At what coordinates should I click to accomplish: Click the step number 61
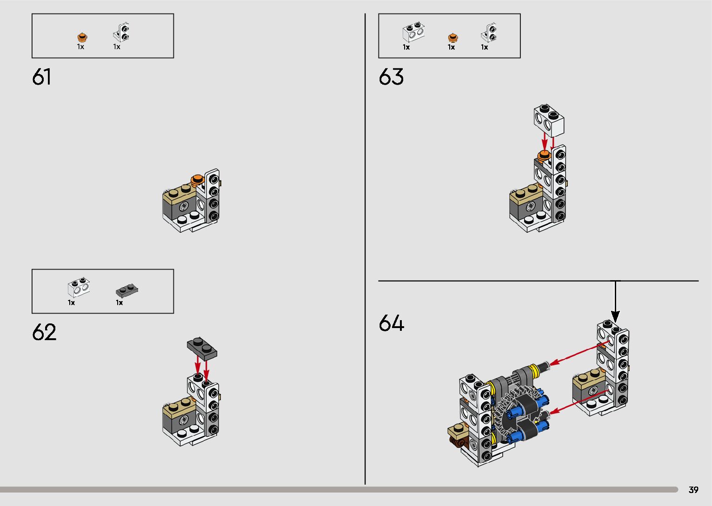point(41,77)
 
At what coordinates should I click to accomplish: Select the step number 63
point(391,77)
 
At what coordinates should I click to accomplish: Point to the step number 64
point(392,323)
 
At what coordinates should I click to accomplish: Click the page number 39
point(693,490)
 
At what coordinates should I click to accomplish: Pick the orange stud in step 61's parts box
point(82,37)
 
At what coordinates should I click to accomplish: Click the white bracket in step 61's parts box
point(121,33)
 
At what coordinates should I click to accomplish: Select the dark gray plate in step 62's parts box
point(127,291)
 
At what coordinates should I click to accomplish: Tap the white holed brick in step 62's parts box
point(79,288)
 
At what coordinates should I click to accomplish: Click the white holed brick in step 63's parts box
point(413,32)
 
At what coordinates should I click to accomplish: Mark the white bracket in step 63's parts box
point(489,33)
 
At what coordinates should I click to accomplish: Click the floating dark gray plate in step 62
point(202,347)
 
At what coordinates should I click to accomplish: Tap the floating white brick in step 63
point(549,119)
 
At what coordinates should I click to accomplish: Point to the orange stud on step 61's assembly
point(197,179)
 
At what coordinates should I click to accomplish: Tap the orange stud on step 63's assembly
point(543,155)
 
